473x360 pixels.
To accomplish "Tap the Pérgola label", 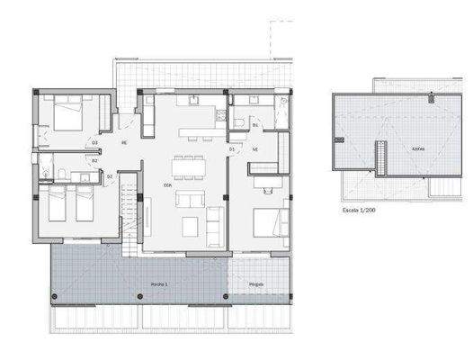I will [257, 283].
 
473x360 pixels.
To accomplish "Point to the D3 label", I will [94, 142].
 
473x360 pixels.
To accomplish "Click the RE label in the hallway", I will [124, 142].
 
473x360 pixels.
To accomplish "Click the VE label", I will [255, 148].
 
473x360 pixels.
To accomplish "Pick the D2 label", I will [110, 176].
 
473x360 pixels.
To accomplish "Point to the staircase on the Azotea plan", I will [380, 159].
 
